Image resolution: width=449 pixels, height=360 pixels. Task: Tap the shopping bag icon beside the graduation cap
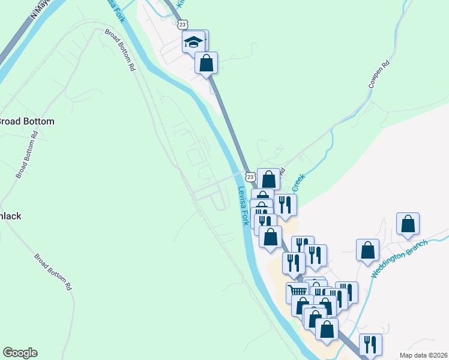pos(206,63)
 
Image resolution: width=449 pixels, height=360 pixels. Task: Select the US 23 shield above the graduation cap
pos(183,25)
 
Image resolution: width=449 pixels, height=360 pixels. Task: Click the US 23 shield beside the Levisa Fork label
pos(250,176)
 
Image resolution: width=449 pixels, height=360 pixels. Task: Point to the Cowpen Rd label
pos(379,74)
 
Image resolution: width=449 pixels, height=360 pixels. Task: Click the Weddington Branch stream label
pos(399,259)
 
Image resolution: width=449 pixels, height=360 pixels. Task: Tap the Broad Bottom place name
pos(26,121)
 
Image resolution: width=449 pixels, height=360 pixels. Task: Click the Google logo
pos(20,353)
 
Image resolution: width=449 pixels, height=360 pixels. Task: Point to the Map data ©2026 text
pos(423,355)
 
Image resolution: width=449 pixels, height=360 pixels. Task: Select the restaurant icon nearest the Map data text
pos(370,344)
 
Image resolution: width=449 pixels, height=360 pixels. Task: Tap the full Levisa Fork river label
pos(244,206)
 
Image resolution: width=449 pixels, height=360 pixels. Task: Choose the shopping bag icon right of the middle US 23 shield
pos(269,179)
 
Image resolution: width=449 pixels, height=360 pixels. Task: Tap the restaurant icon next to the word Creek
pos(286,205)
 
